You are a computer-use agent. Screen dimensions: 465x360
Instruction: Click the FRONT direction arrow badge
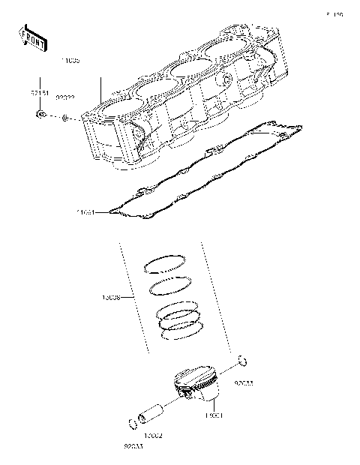(x=31, y=35)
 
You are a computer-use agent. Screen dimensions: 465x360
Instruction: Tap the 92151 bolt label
(x=39, y=94)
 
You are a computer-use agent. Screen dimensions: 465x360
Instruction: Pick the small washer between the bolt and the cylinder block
(x=67, y=118)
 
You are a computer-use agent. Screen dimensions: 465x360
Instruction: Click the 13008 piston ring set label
(x=112, y=298)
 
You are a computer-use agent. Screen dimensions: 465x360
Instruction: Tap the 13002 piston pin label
(x=153, y=436)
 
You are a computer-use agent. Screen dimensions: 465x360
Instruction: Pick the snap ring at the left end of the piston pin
(x=133, y=424)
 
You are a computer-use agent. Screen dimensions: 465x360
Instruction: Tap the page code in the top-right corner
(x=334, y=14)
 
